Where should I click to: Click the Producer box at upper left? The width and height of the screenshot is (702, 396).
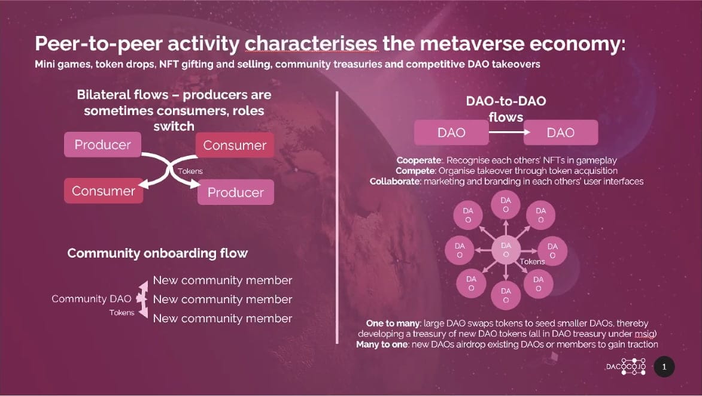click(102, 145)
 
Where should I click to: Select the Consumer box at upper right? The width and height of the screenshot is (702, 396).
click(235, 146)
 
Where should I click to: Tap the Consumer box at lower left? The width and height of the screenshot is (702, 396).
click(104, 191)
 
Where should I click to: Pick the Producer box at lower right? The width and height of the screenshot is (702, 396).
click(235, 192)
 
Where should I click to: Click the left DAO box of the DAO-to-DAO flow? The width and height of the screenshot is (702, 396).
click(451, 132)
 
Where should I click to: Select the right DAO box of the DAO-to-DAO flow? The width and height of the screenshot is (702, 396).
click(561, 132)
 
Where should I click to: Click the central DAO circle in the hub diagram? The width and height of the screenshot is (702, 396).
click(506, 250)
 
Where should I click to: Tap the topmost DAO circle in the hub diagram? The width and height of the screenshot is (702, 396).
click(506, 205)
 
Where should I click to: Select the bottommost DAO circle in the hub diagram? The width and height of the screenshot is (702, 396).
click(506, 295)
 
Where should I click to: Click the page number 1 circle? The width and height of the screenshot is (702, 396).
click(664, 367)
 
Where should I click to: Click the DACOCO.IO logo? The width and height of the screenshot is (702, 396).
click(625, 367)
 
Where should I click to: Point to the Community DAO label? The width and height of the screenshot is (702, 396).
click(87, 298)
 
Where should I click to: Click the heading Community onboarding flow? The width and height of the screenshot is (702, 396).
click(157, 253)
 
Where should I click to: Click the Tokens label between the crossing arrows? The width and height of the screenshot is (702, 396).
click(190, 171)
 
